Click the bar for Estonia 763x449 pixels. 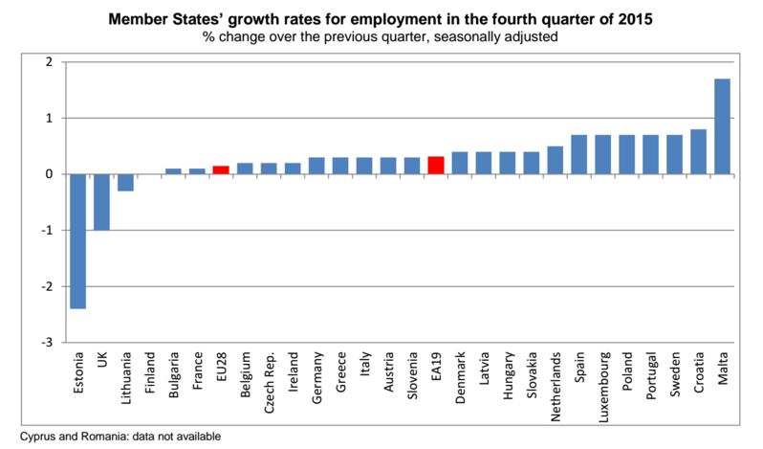pyautogui.click(x=77, y=241)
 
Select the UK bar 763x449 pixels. pyautogui.click(x=101, y=202)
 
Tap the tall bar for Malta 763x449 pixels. pyautogui.click(x=722, y=126)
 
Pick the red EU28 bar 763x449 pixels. pyautogui.click(x=221, y=170)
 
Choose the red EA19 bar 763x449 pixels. pyautogui.click(x=436, y=166)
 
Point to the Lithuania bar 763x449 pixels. pyautogui.click(x=125, y=183)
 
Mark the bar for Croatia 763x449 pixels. pyautogui.click(x=698, y=152)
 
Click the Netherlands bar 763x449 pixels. pyautogui.click(x=556, y=160)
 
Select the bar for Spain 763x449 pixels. pyautogui.click(x=579, y=155)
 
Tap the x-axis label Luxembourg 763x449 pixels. pyautogui.click(x=603, y=387)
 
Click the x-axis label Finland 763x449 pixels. pyautogui.click(x=149, y=373)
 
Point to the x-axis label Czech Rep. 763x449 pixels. pyautogui.click(x=269, y=383)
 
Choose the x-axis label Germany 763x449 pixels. pyautogui.click(x=316, y=378)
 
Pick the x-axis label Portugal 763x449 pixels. pyautogui.click(x=651, y=376)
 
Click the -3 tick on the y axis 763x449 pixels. pyautogui.click(x=47, y=343)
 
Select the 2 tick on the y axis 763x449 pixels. pyautogui.click(x=49, y=62)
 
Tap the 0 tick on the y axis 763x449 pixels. pyautogui.click(x=49, y=174)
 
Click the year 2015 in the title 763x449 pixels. pyautogui.click(x=636, y=19)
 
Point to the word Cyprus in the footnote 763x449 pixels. pyautogui.click(x=37, y=437)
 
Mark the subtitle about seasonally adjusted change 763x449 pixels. pyautogui.click(x=380, y=37)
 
